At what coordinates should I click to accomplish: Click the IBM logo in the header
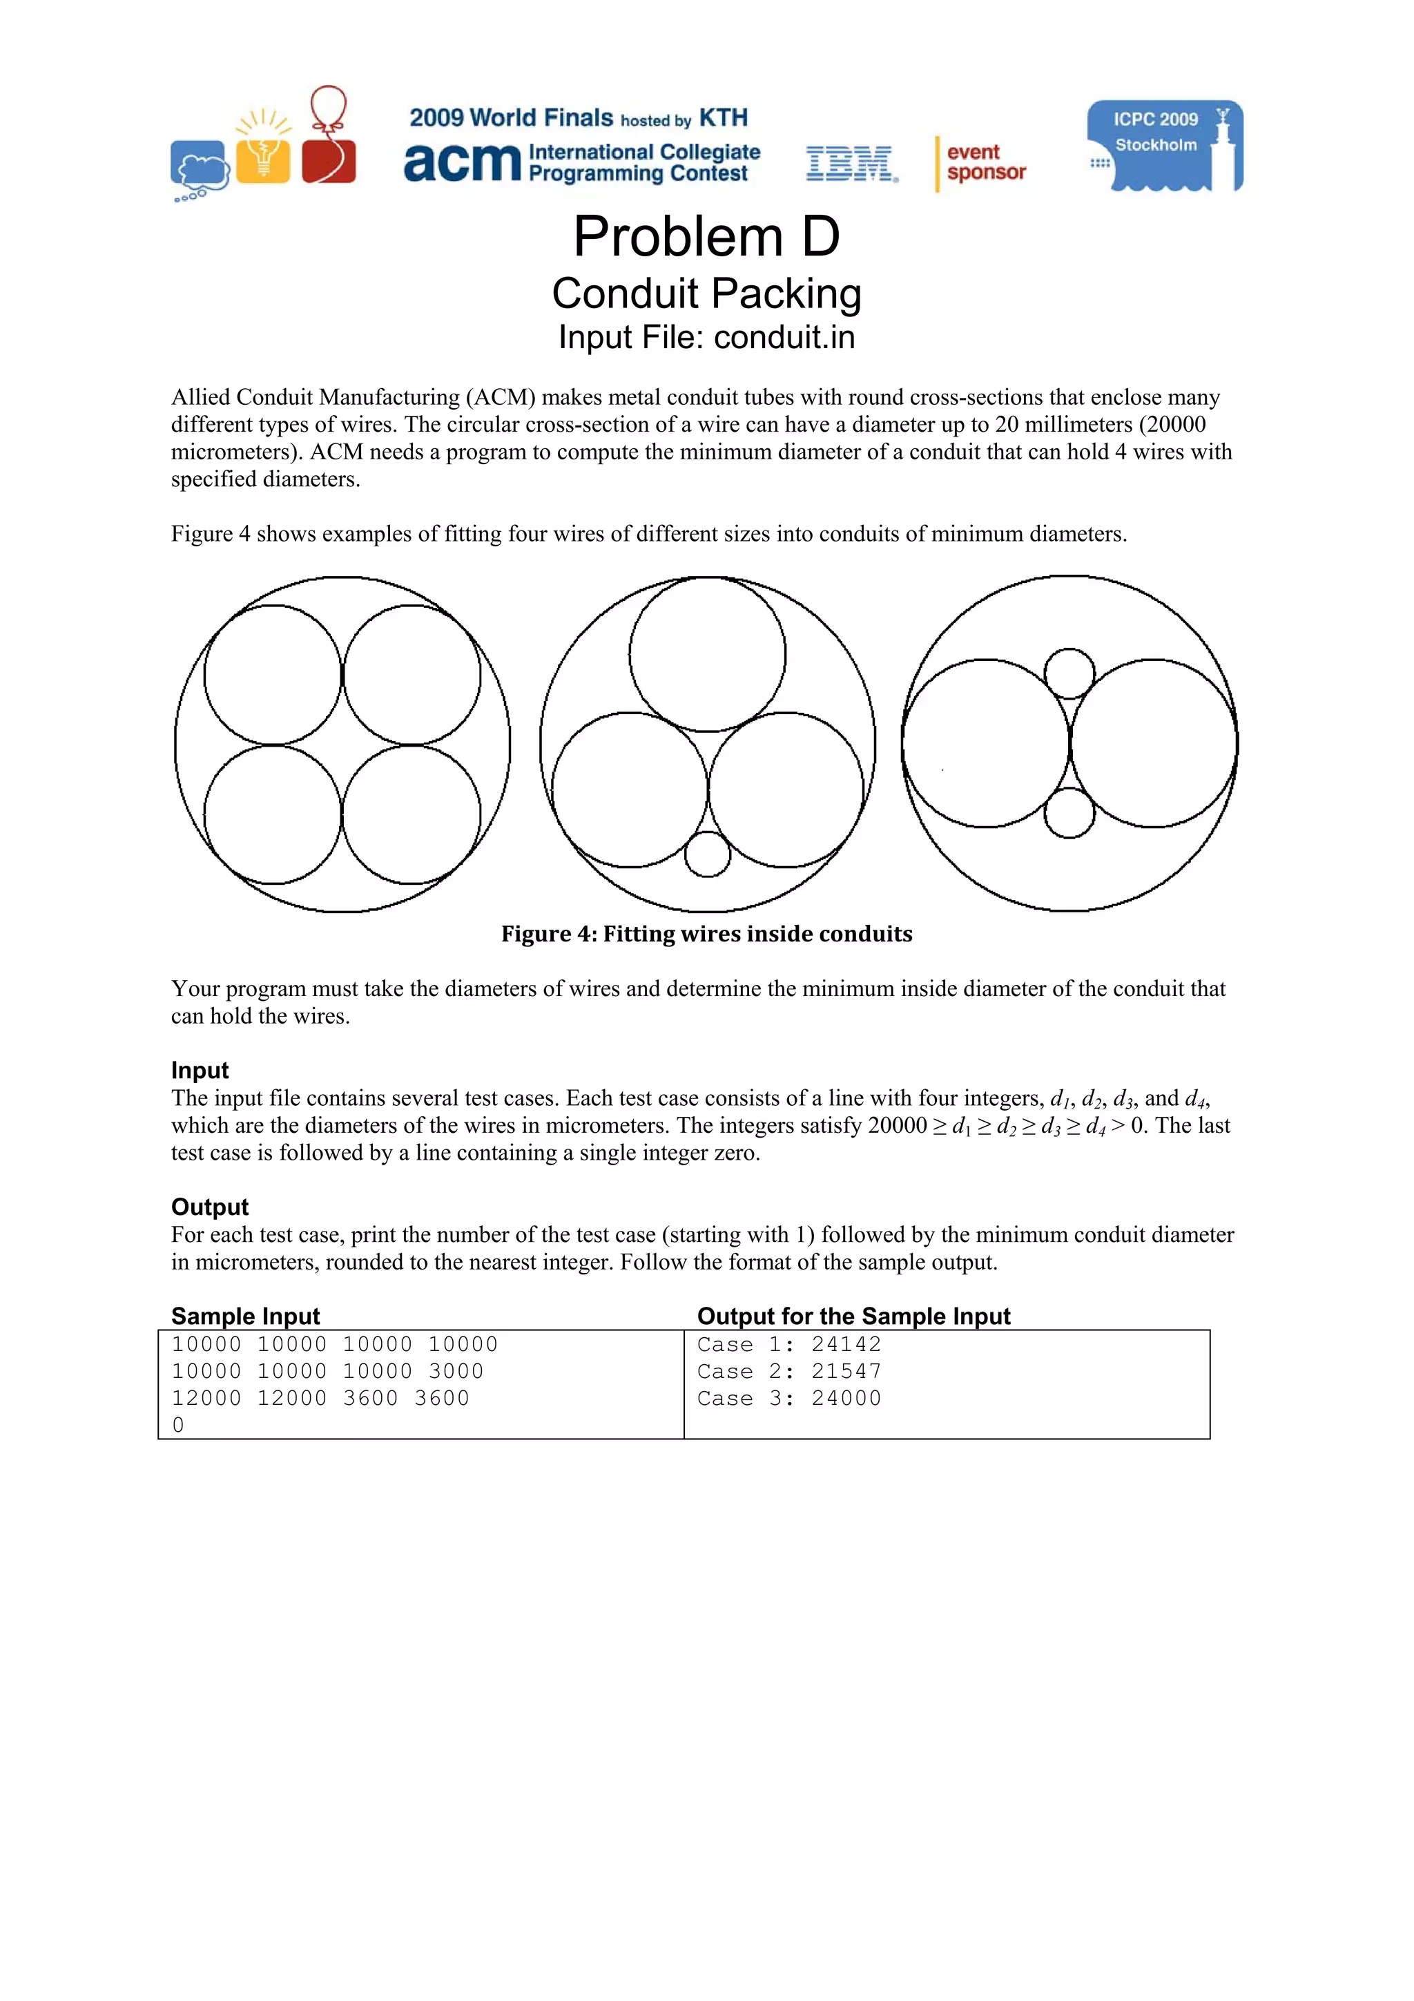coord(851,164)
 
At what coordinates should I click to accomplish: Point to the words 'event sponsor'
coord(985,162)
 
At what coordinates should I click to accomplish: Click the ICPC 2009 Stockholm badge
coord(1164,146)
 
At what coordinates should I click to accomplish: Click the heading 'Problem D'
coord(706,236)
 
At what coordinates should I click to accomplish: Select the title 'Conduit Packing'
coord(706,294)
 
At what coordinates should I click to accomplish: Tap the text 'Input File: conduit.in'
coord(706,337)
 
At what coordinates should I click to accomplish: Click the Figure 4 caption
coord(706,935)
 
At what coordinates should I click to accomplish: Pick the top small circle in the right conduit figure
coord(1068,673)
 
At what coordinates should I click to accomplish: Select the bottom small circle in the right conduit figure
coord(1068,812)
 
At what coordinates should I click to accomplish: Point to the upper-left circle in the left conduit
coord(273,676)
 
